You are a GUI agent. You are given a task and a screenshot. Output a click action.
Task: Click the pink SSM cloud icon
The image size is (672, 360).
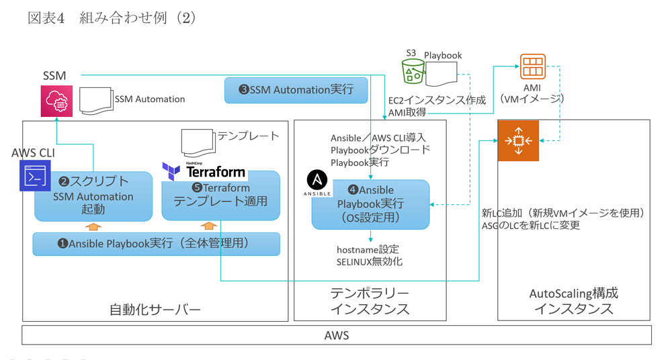click(56, 101)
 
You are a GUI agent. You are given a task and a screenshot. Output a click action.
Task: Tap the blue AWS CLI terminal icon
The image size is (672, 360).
click(35, 176)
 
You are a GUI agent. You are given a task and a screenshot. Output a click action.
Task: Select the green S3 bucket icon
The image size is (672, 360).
click(413, 71)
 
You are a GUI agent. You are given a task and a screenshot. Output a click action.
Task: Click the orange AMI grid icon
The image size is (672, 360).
click(532, 68)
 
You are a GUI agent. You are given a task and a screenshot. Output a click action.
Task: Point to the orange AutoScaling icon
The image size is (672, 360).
click(518, 141)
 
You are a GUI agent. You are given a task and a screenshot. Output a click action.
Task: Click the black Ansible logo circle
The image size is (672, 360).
click(318, 180)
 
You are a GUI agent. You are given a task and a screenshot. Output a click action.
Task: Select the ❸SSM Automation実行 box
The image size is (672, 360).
click(296, 90)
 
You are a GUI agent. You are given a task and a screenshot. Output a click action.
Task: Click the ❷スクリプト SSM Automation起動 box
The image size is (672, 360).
click(93, 195)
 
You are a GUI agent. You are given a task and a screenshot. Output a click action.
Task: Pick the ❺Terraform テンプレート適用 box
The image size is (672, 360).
click(220, 195)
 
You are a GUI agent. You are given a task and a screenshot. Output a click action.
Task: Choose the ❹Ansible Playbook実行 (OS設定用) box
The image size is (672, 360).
click(370, 204)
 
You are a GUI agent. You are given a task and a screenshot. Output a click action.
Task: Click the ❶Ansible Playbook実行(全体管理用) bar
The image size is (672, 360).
click(156, 244)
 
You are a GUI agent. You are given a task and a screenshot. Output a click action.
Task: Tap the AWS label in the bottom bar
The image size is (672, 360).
click(336, 335)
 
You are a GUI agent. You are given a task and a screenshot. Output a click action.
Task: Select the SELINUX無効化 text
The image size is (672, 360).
click(370, 261)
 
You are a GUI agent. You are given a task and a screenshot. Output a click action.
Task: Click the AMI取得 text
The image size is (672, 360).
click(407, 113)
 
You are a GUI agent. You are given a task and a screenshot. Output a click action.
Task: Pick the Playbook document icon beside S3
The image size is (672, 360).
click(441, 74)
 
